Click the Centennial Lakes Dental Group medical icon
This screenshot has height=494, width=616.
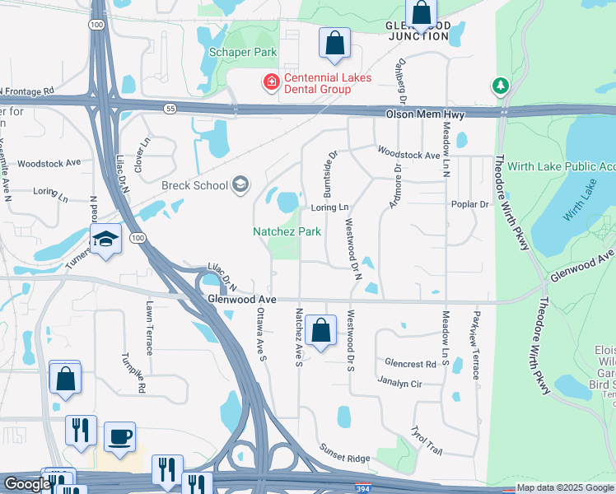270,82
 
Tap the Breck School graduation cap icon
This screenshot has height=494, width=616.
240,184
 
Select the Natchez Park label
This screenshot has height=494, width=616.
287,232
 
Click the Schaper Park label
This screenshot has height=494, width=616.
242,52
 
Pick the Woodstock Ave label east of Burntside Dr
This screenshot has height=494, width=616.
409,154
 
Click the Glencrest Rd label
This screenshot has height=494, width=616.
409,363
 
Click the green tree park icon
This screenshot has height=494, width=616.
500,85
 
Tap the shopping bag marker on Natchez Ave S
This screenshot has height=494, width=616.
320,330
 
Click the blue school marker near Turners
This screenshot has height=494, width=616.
105,239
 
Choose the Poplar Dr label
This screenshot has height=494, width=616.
470,204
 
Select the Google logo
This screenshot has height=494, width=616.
27,484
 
